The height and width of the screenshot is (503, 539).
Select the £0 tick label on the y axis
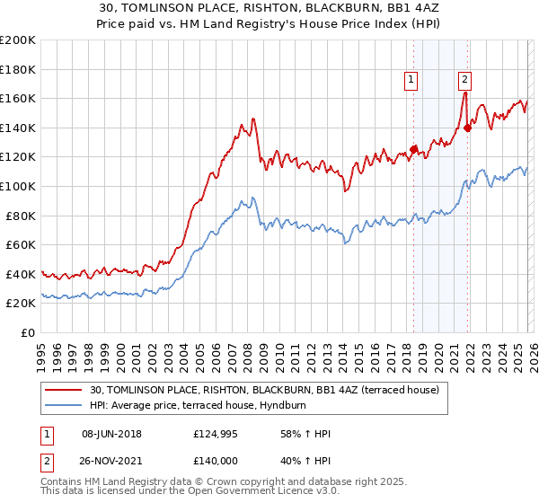tap(29, 332)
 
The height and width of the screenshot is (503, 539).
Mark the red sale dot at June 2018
tap(413, 149)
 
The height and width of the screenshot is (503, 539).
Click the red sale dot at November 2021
tap(468, 128)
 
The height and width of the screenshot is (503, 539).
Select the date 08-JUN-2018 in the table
tap(111, 434)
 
